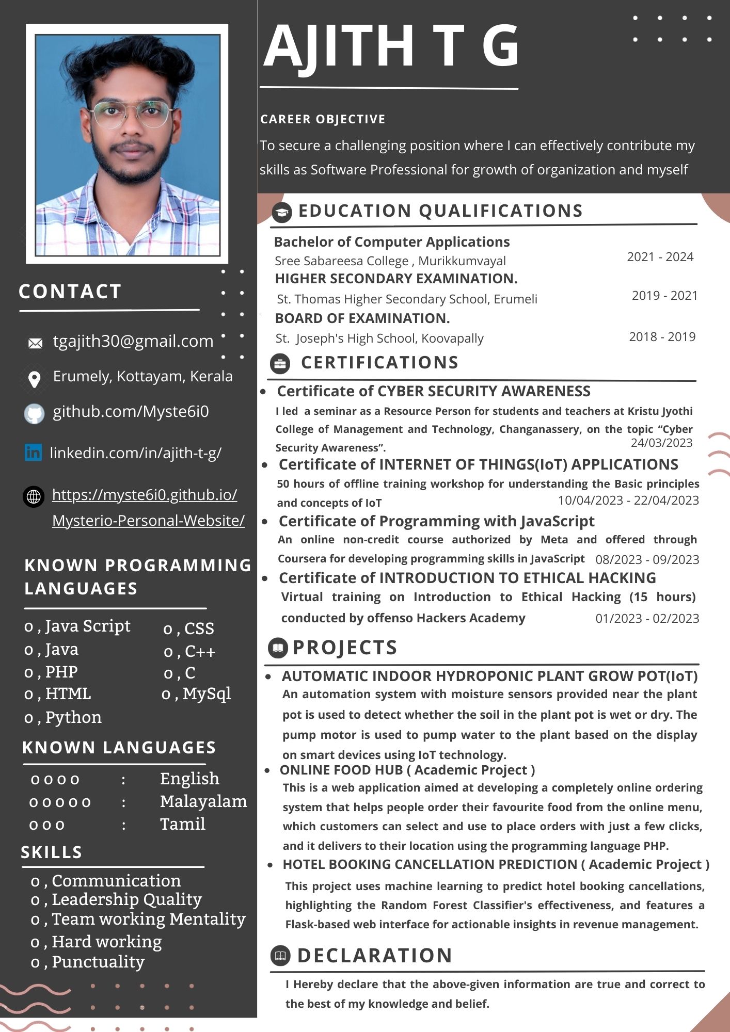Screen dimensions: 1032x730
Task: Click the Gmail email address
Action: (x=133, y=341)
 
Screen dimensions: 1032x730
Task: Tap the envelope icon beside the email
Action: (x=35, y=343)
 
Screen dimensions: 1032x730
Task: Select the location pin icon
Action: (x=35, y=379)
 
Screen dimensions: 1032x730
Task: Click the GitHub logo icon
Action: (x=35, y=414)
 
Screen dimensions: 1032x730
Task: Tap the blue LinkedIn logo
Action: (x=33, y=453)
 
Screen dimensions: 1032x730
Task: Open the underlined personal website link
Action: (x=148, y=507)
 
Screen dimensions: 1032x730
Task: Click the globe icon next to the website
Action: (x=34, y=497)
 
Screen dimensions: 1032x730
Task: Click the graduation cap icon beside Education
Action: (x=282, y=212)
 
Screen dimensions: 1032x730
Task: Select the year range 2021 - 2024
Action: (x=660, y=257)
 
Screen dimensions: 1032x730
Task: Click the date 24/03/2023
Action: (x=661, y=443)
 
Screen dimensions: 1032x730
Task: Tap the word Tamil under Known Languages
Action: (x=183, y=824)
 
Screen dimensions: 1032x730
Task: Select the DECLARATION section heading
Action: (x=375, y=956)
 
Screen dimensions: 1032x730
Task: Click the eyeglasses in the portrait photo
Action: (x=133, y=114)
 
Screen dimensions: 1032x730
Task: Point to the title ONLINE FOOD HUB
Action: (x=341, y=770)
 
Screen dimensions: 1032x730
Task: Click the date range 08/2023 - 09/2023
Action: (x=647, y=560)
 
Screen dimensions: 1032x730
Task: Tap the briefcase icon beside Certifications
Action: (x=280, y=364)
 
